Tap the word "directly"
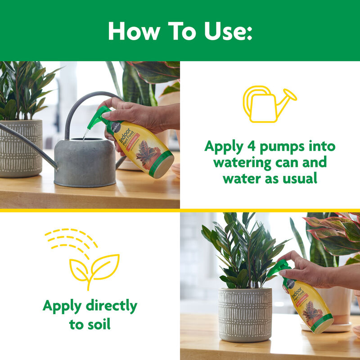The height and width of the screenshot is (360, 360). pos(108,306)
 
